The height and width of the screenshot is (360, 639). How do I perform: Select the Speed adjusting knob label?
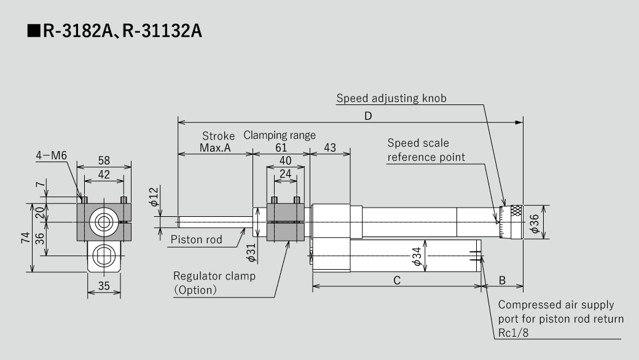coord(391,98)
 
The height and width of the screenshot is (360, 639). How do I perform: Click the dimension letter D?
coord(368,115)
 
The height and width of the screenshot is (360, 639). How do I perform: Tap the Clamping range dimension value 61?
coord(280,147)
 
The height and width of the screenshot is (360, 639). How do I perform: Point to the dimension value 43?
coord(330,147)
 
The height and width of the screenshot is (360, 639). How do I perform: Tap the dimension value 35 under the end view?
coord(103,285)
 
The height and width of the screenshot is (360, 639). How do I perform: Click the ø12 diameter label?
coord(154,197)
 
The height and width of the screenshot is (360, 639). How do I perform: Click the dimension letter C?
coord(396,280)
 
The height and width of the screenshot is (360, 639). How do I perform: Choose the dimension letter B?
coord(502,280)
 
